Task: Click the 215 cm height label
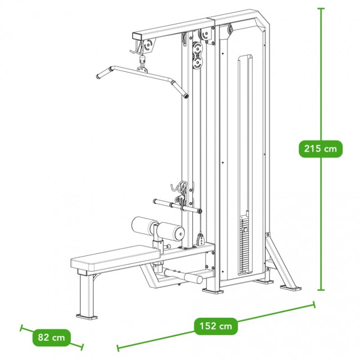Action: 320,149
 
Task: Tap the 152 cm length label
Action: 216,326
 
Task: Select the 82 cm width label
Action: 51,337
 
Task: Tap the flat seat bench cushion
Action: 115,257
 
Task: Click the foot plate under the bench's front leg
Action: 87,317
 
